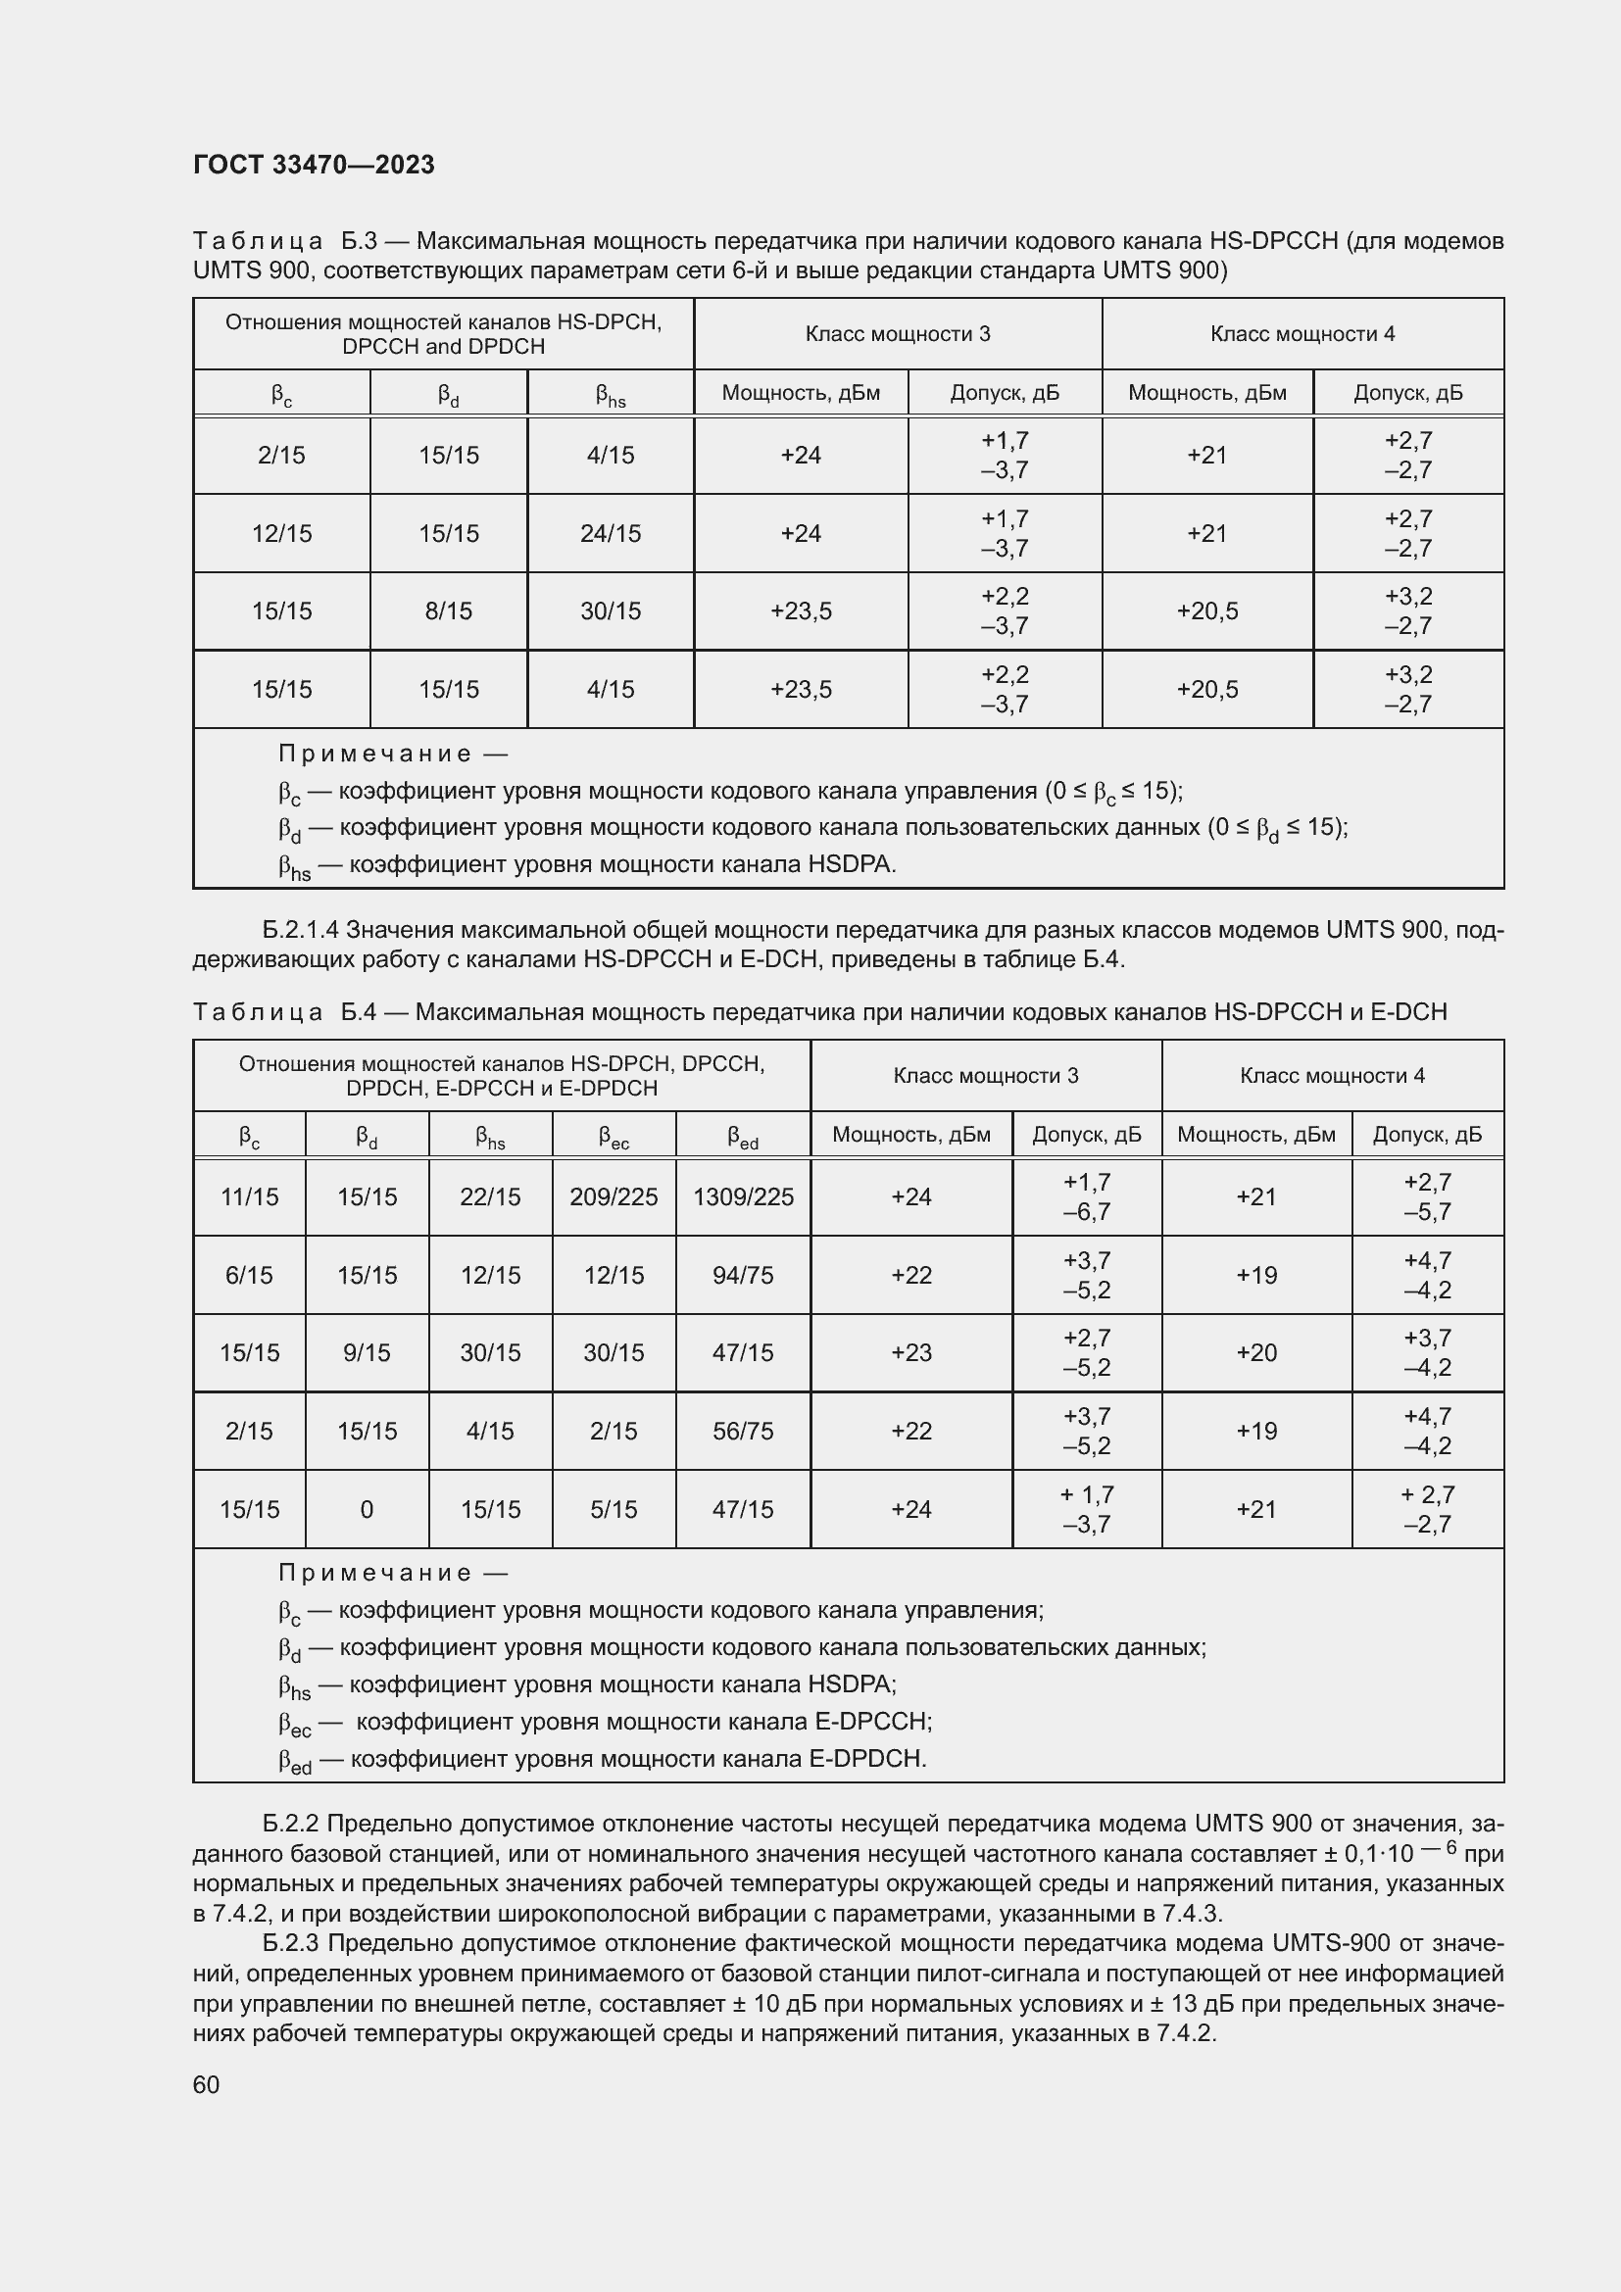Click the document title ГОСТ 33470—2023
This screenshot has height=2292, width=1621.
coord(314,165)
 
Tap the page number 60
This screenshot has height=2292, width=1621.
coord(206,2084)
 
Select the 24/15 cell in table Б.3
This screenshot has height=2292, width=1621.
coord(610,533)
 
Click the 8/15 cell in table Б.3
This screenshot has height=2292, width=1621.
coord(448,610)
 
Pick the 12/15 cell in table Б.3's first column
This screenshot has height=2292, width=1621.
coord(281,533)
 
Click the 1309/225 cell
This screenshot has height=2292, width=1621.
coord(743,1196)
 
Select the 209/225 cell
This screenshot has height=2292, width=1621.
coord(613,1196)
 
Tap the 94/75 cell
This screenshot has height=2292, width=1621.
coord(743,1275)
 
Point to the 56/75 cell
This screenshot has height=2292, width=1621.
coord(743,1431)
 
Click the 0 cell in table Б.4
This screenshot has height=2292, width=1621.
coord(367,1509)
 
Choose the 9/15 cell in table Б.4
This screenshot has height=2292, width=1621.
coord(367,1352)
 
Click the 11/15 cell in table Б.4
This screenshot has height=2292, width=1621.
coord(249,1196)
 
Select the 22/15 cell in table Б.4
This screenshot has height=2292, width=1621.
coord(490,1196)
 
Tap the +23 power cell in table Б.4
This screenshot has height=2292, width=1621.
coord(910,1352)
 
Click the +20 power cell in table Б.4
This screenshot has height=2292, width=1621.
coord(1255,1352)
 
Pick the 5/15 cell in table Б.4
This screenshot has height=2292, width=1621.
coord(613,1509)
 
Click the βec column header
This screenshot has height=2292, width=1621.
coord(613,1136)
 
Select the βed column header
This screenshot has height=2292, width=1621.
coord(743,1136)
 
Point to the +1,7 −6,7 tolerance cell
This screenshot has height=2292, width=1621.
coord(1086,1196)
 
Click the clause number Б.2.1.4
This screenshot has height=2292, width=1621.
coord(301,930)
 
